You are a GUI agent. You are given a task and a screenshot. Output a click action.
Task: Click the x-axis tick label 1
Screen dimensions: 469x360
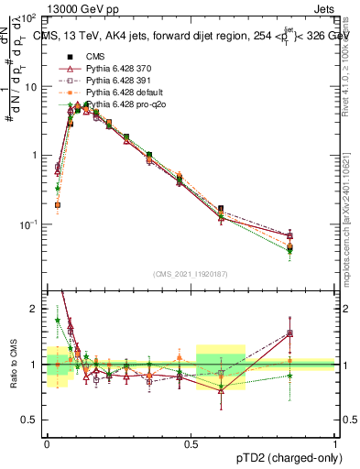tap(334, 442)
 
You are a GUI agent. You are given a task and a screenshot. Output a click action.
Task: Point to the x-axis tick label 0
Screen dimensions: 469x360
tap(46, 442)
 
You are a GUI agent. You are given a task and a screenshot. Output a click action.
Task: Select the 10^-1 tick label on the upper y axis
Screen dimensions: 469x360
tap(29, 224)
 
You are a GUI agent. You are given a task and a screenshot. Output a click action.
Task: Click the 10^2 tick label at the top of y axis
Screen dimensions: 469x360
tap(29, 18)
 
